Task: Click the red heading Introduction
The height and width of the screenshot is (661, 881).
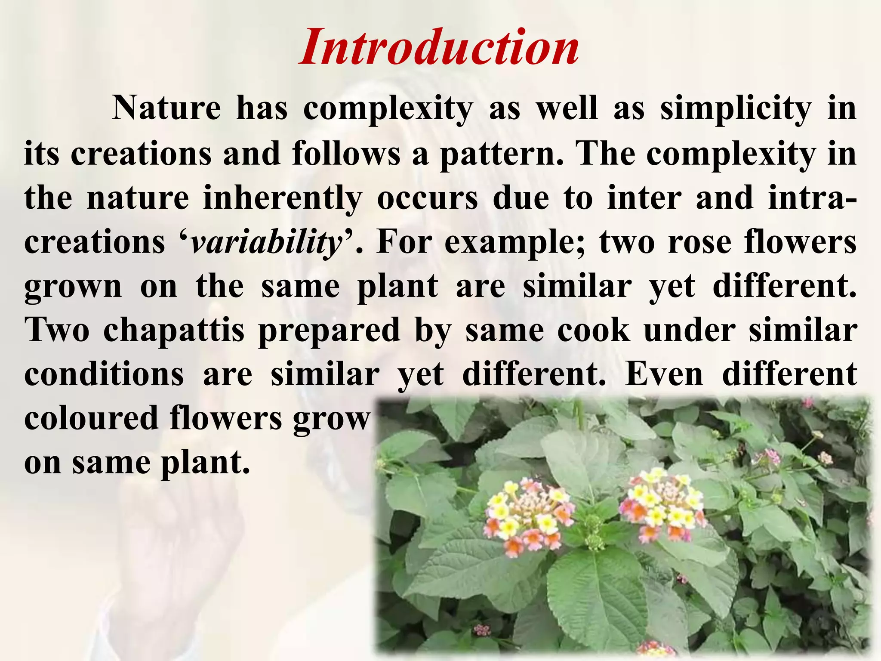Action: (x=439, y=47)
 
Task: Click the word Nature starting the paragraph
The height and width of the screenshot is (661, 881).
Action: (x=166, y=108)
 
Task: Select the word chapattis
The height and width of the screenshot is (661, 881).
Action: (x=174, y=330)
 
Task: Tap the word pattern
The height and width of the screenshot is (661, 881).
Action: (x=502, y=154)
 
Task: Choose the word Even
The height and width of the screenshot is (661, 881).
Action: (x=664, y=374)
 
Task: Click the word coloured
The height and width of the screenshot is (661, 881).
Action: (x=91, y=418)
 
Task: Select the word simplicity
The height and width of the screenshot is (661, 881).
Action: (x=736, y=108)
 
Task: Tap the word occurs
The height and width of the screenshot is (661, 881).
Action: (x=427, y=198)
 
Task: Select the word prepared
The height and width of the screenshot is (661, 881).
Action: (x=329, y=330)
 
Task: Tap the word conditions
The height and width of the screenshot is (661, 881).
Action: (x=104, y=374)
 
